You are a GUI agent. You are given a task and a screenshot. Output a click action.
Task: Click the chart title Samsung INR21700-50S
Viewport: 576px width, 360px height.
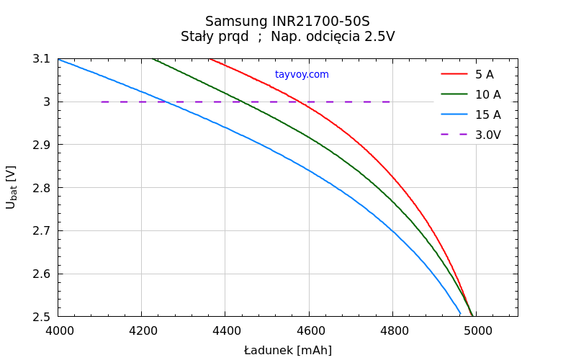pyautogui.click(x=287, y=21)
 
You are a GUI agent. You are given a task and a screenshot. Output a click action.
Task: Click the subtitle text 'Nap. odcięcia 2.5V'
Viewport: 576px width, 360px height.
pyautogui.click(x=333, y=37)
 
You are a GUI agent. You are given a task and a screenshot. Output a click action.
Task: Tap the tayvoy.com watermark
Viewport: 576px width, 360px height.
pyautogui.click(x=302, y=74)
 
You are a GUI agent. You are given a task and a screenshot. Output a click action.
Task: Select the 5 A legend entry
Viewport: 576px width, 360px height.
pyautogui.click(x=484, y=74)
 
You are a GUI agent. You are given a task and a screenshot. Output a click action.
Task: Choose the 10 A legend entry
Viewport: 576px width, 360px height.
pyautogui.click(x=487, y=94)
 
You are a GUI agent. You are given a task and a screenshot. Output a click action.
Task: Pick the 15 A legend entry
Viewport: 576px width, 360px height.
pyautogui.click(x=487, y=114)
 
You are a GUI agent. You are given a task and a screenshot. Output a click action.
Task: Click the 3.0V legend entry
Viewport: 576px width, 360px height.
pyautogui.click(x=487, y=135)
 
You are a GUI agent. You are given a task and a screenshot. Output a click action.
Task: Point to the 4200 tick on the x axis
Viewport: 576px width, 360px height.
pyautogui.click(x=141, y=330)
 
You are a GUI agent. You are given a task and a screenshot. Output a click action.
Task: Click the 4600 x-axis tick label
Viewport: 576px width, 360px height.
pyautogui.click(x=309, y=330)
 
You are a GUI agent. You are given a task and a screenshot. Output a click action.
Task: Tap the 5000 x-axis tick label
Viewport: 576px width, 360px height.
pyautogui.click(x=477, y=330)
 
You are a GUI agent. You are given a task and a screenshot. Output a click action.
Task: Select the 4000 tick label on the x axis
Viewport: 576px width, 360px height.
pyautogui.click(x=58, y=330)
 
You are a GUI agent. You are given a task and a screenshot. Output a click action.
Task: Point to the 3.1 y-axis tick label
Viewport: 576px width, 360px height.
pyautogui.click(x=42, y=58)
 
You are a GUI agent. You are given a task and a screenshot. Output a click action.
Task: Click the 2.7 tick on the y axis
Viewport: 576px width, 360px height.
pyautogui.click(x=42, y=230)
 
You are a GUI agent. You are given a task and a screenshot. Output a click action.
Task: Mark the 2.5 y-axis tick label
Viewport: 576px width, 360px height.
pyautogui.click(x=42, y=317)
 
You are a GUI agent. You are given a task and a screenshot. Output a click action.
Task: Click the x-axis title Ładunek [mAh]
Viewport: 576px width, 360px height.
pyautogui.click(x=287, y=351)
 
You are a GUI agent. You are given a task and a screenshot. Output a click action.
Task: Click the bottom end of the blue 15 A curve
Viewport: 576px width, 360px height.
pyautogui.click(x=460, y=313)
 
